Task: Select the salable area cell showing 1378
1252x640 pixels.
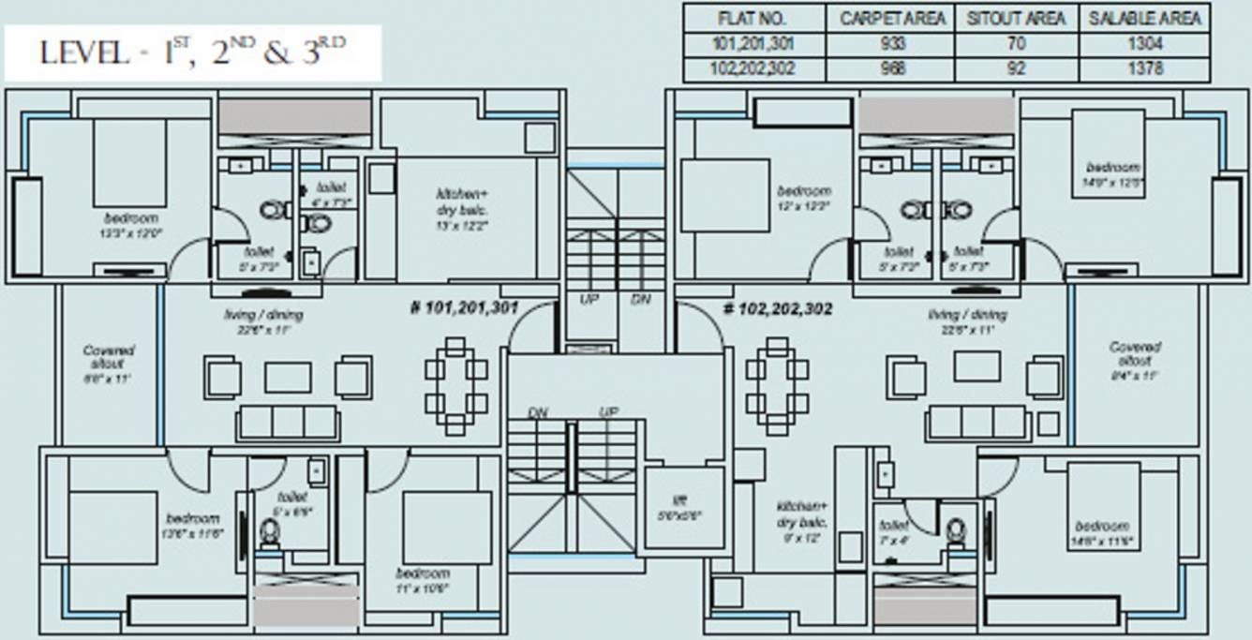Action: pyautogui.click(x=1144, y=68)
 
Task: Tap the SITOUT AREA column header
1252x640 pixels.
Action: pyautogui.click(x=1017, y=18)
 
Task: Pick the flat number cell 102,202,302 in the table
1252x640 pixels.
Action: pyautogui.click(x=753, y=68)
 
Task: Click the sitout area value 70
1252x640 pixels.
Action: pyautogui.click(x=1017, y=44)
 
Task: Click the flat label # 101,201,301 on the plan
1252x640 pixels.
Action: pyautogui.click(x=465, y=307)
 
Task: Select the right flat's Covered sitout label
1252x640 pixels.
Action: pyautogui.click(x=1135, y=360)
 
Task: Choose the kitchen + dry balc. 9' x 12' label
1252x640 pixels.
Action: pyautogui.click(x=801, y=521)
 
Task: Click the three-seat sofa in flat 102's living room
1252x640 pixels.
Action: pyautogui.click(x=979, y=423)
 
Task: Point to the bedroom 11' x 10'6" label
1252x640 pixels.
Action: pyautogui.click(x=422, y=579)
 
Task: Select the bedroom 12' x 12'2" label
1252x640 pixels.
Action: pyautogui.click(x=804, y=197)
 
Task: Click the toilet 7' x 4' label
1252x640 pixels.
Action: pyautogui.click(x=894, y=531)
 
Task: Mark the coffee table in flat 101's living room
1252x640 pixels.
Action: pyautogui.click(x=288, y=377)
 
